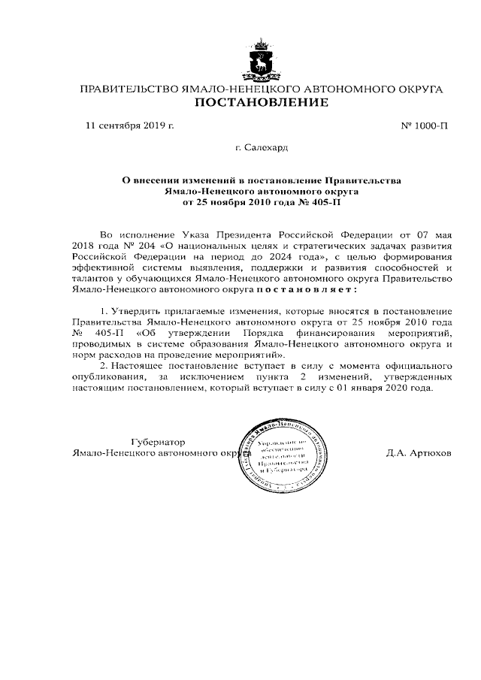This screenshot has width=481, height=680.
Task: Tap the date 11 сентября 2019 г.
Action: click(x=130, y=125)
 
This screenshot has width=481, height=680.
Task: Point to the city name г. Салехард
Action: click(x=261, y=148)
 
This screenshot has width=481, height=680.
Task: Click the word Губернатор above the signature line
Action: click(x=158, y=441)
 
